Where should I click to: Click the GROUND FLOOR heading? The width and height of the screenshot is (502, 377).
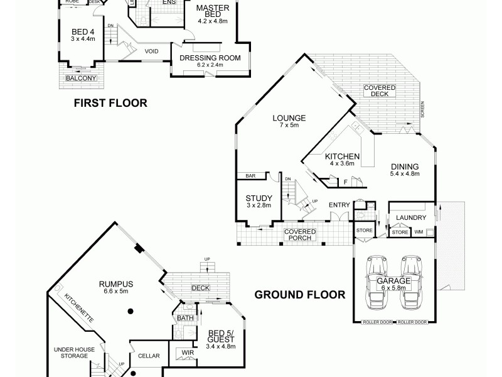point(299,294)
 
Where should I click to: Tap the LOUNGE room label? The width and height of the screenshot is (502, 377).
point(289,117)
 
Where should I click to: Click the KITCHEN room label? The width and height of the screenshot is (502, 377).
point(341,156)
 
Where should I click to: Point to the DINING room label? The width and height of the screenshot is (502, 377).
point(403,167)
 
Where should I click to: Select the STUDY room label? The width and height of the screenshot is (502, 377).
point(259,198)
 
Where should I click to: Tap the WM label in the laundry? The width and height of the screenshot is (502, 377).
point(419,232)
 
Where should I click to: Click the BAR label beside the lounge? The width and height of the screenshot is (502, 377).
point(250,176)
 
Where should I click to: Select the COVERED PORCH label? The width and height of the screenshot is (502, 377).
point(300,235)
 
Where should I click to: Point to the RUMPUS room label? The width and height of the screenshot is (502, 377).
point(115,283)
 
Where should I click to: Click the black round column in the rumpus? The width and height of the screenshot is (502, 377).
point(129,311)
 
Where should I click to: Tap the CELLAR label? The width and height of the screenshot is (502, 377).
point(149,356)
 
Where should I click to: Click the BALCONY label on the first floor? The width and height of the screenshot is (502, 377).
point(82,78)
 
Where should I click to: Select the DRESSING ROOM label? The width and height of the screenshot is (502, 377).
point(210,58)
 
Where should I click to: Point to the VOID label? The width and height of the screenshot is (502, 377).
point(151,52)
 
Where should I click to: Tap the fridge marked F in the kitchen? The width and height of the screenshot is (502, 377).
point(345,182)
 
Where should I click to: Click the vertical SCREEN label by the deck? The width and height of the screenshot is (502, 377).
point(423,109)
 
